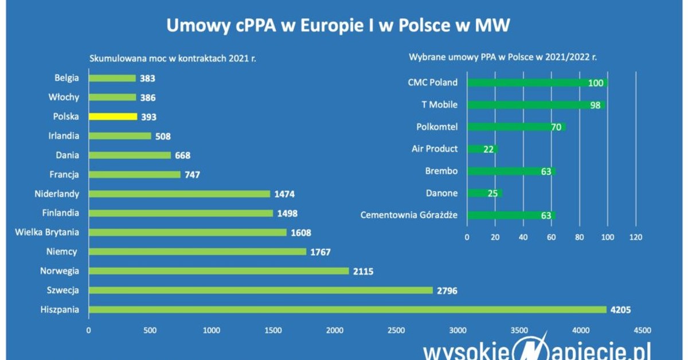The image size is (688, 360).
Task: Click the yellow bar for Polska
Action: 113,116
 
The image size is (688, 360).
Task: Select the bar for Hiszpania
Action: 347,310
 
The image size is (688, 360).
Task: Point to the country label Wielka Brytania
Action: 47,232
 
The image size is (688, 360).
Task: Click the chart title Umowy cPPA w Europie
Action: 338,26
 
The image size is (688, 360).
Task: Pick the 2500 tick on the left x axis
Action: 396,330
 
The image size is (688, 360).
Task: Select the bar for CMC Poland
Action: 537,83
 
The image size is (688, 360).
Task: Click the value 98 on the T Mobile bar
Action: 596,105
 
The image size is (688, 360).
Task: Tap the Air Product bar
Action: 483,149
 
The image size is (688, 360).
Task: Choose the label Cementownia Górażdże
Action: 409,216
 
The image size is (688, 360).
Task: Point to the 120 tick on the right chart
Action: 635,237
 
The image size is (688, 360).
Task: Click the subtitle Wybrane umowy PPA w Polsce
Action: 502,57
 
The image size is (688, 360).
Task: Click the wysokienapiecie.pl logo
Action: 537,349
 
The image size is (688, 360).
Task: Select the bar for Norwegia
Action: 218,271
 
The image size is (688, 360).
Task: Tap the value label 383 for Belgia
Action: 147,79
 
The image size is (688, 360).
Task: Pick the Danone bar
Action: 484,193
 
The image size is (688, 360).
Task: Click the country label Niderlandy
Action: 57,194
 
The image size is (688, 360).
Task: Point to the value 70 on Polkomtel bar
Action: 556,127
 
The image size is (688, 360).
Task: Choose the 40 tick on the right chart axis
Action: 523,237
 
